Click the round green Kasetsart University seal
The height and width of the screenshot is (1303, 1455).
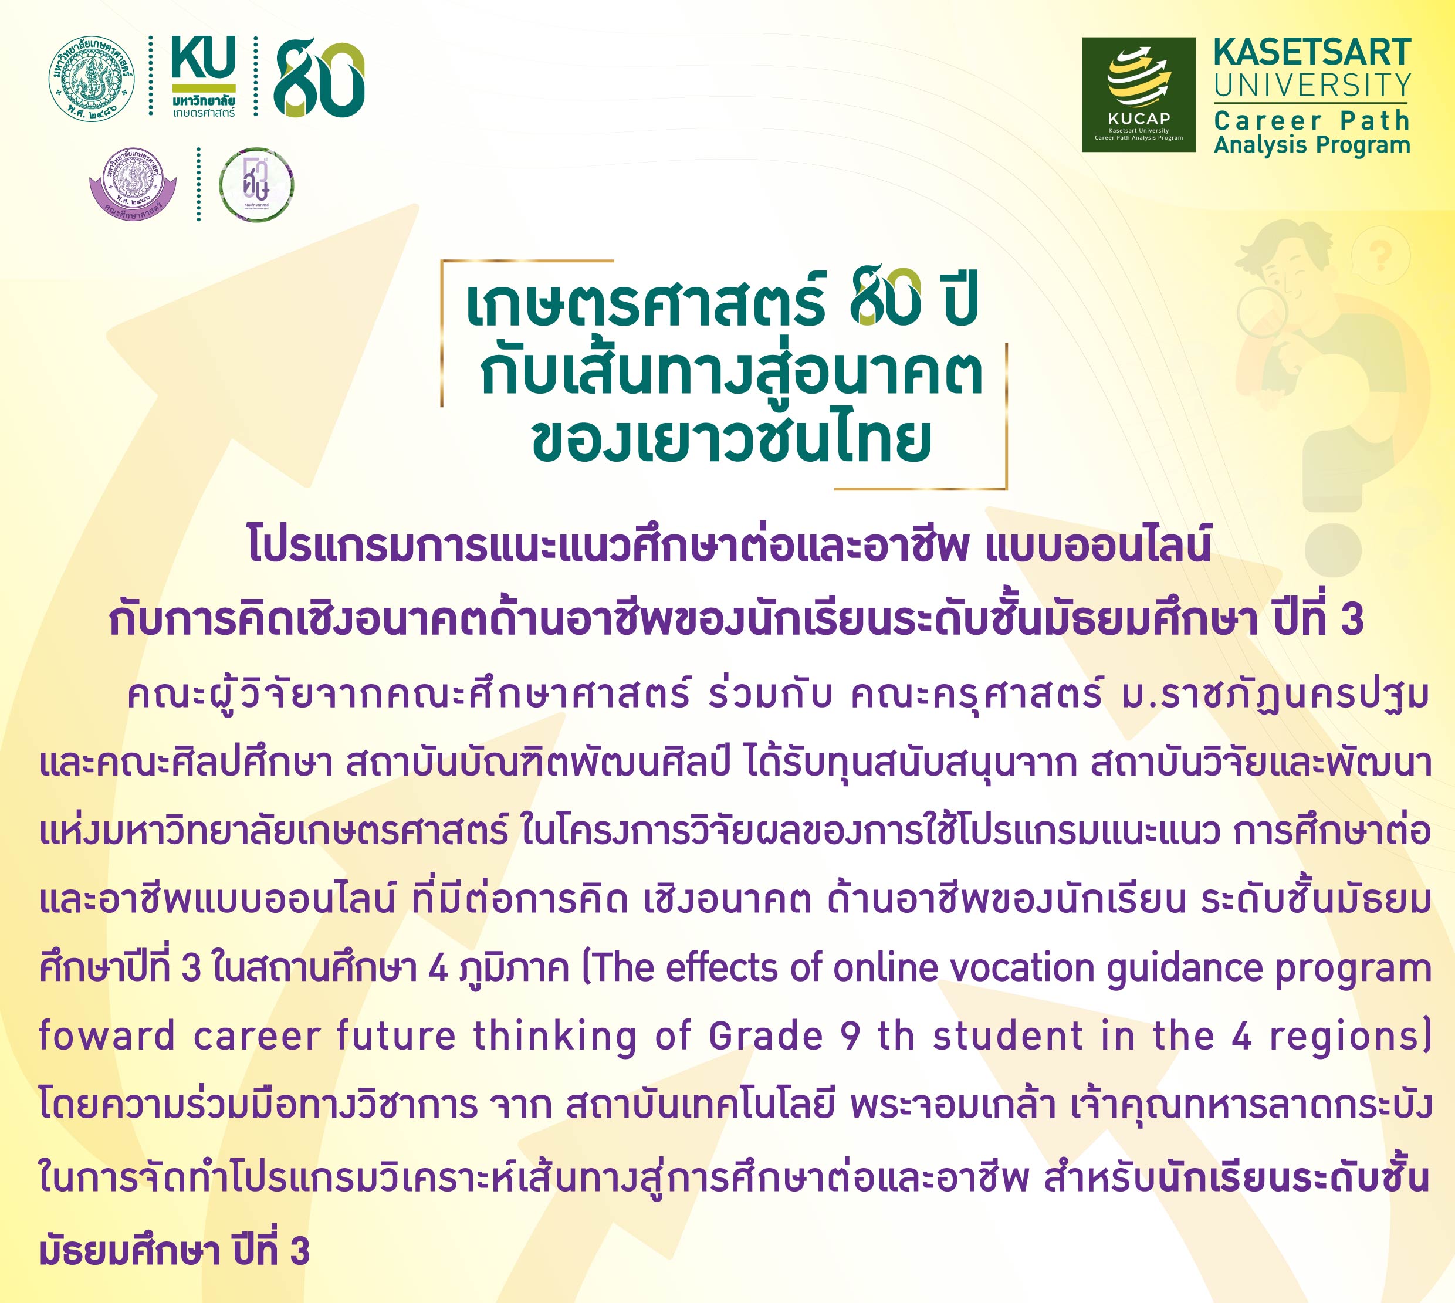pyautogui.click(x=92, y=78)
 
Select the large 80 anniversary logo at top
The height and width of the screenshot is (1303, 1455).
pyautogui.click(x=319, y=78)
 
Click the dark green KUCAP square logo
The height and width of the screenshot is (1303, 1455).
pyautogui.click(x=1139, y=94)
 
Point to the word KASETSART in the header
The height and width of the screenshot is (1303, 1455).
pyautogui.click(x=1312, y=52)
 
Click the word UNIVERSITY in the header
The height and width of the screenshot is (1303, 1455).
pyautogui.click(x=1312, y=86)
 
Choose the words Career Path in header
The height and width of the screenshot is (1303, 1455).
pyautogui.click(x=1312, y=120)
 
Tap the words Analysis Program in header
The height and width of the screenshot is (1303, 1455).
pyautogui.click(x=1312, y=145)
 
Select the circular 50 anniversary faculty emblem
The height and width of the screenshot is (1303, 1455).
pyautogui.click(x=256, y=185)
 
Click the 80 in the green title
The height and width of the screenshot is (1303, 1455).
pyautogui.click(x=885, y=299)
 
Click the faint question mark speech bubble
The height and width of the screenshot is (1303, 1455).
pyautogui.click(x=1380, y=256)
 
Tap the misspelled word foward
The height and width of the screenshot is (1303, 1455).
pyautogui.click(x=107, y=1036)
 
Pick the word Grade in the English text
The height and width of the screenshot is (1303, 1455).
pyautogui.click(x=766, y=1036)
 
